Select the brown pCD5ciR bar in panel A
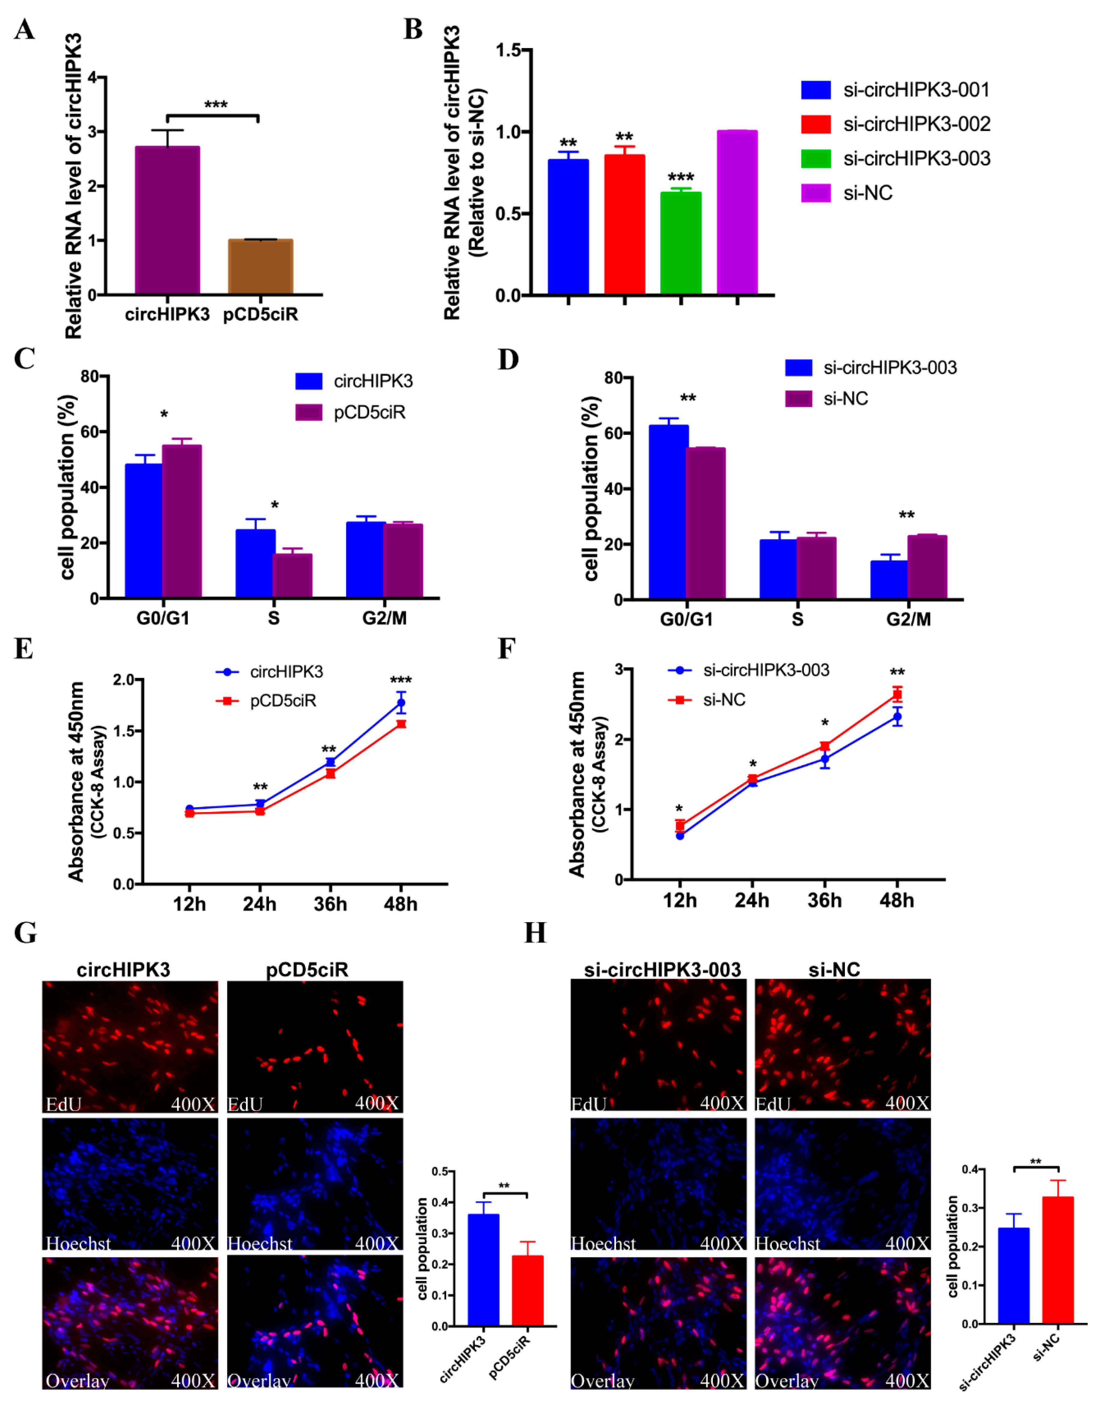click(x=260, y=267)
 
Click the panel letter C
click(x=25, y=359)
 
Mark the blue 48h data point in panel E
click(x=401, y=702)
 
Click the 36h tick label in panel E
click(x=330, y=904)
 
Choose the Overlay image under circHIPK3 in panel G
click(x=130, y=1322)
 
